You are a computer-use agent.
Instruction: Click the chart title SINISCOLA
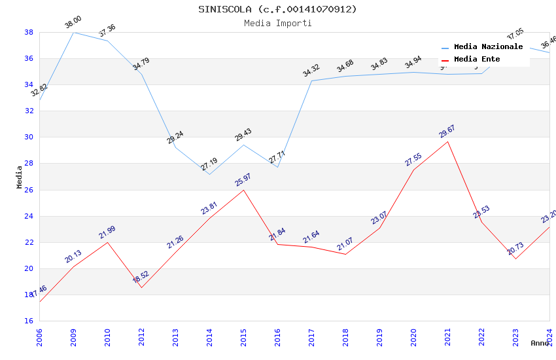(278, 9)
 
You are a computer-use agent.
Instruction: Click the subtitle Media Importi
(278, 23)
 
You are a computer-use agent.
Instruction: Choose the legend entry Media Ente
(477, 59)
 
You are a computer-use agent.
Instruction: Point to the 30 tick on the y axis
(29, 137)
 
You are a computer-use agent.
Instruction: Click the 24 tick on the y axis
(29, 216)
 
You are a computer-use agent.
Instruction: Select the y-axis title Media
(20, 177)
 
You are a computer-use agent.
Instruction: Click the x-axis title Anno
(540, 343)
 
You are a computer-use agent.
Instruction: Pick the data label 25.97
(243, 180)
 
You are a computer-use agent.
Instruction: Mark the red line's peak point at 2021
(447, 141)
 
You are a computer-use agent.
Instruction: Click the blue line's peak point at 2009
(73, 32)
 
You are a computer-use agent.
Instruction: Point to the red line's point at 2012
(141, 287)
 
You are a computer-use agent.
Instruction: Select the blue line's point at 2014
(209, 174)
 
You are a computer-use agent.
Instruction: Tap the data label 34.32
(311, 71)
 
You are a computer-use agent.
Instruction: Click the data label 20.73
(515, 249)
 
